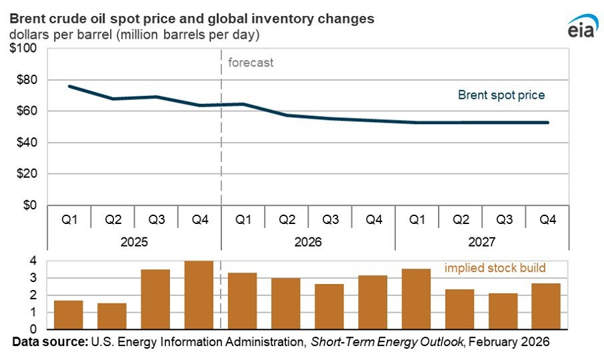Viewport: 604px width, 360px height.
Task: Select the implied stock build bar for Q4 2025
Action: (199, 295)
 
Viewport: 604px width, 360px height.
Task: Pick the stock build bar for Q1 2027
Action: (416, 299)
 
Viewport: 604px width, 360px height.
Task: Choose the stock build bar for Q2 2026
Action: (285, 303)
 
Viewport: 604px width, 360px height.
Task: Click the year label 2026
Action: (307, 241)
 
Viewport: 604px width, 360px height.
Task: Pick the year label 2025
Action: (133, 241)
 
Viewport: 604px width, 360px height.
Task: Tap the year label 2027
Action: (481, 241)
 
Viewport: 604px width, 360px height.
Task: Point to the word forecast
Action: (251, 63)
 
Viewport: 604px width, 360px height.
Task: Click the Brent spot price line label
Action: (501, 95)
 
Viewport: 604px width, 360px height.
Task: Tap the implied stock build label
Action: (495, 268)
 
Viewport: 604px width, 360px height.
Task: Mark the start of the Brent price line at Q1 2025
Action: (69, 86)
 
